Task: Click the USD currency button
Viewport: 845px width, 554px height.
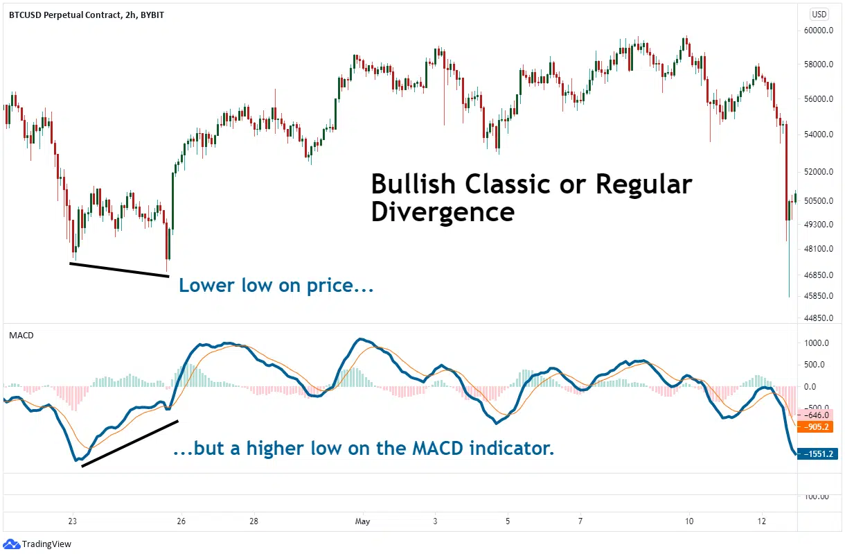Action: click(819, 14)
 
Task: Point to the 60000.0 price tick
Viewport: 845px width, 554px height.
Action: click(819, 31)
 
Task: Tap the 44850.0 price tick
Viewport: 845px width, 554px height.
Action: click(819, 318)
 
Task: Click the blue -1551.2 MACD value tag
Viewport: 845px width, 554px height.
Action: click(818, 454)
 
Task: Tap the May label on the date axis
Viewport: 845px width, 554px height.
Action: click(362, 520)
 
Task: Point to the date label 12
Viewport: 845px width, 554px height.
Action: click(761, 520)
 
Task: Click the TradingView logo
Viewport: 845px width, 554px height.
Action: click(40, 544)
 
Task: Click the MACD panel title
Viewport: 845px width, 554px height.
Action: click(21, 335)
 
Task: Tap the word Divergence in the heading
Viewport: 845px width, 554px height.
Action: click(442, 211)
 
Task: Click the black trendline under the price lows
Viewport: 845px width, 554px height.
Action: click(119, 270)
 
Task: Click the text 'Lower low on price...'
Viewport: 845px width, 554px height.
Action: click(276, 285)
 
